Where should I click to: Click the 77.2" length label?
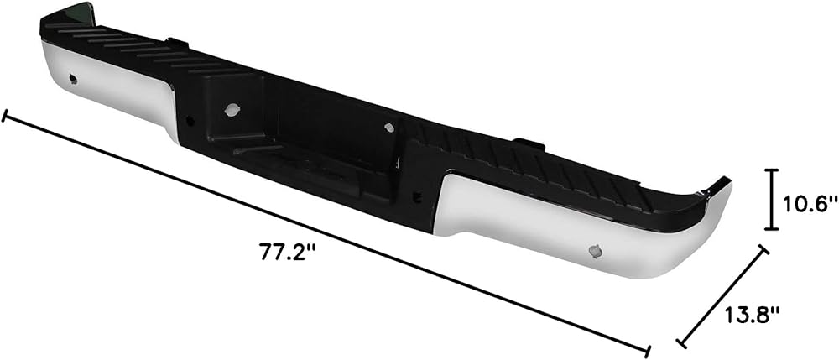point(285,252)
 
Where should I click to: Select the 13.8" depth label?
point(751,315)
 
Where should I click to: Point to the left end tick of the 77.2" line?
point(5,116)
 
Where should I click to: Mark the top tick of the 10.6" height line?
point(771,170)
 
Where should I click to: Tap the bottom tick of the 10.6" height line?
point(771,228)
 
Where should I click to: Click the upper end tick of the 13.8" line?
point(763,249)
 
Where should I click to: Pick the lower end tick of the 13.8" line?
point(681,342)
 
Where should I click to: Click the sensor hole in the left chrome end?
point(73,79)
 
